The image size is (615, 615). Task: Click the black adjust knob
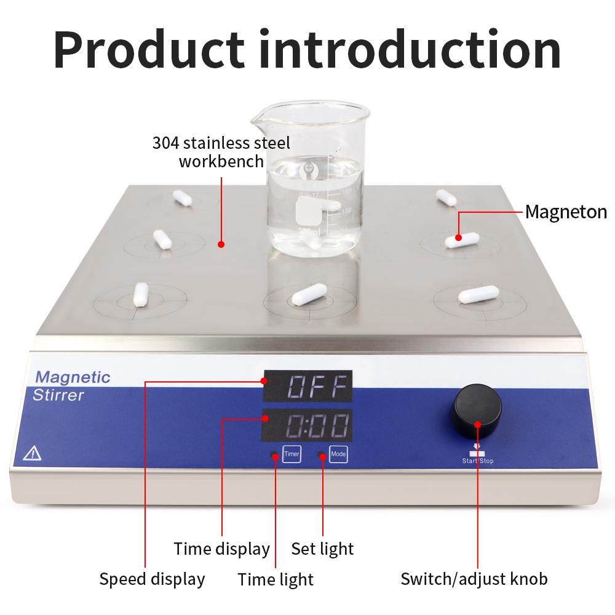pyautogui.click(x=477, y=408)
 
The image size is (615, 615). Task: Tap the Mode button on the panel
pyautogui.click(x=338, y=454)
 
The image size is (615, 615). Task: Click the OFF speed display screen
pyautogui.click(x=307, y=386)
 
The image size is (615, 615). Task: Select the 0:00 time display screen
pyautogui.click(x=307, y=424)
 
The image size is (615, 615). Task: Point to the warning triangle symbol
pyautogui.click(x=31, y=454)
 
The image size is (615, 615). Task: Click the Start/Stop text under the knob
pyautogui.click(x=478, y=460)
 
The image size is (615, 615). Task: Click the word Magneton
pyautogui.click(x=566, y=212)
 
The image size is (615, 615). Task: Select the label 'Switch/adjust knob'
pyautogui.click(x=474, y=579)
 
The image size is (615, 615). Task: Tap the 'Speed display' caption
pyautogui.click(x=152, y=579)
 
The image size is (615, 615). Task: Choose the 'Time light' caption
pyautogui.click(x=276, y=579)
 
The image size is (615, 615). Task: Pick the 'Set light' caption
pyautogui.click(x=322, y=548)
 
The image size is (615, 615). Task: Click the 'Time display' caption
pyautogui.click(x=221, y=548)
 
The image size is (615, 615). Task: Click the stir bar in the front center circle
pyautogui.click(x=310, y=295)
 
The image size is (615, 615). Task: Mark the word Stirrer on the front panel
pyautogui.click(x=58, y=395)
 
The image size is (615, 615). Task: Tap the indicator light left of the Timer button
pyautogui.click(x=274, y=455)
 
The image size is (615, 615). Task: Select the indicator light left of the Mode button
pyautogui.click(x=320, y=455)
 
